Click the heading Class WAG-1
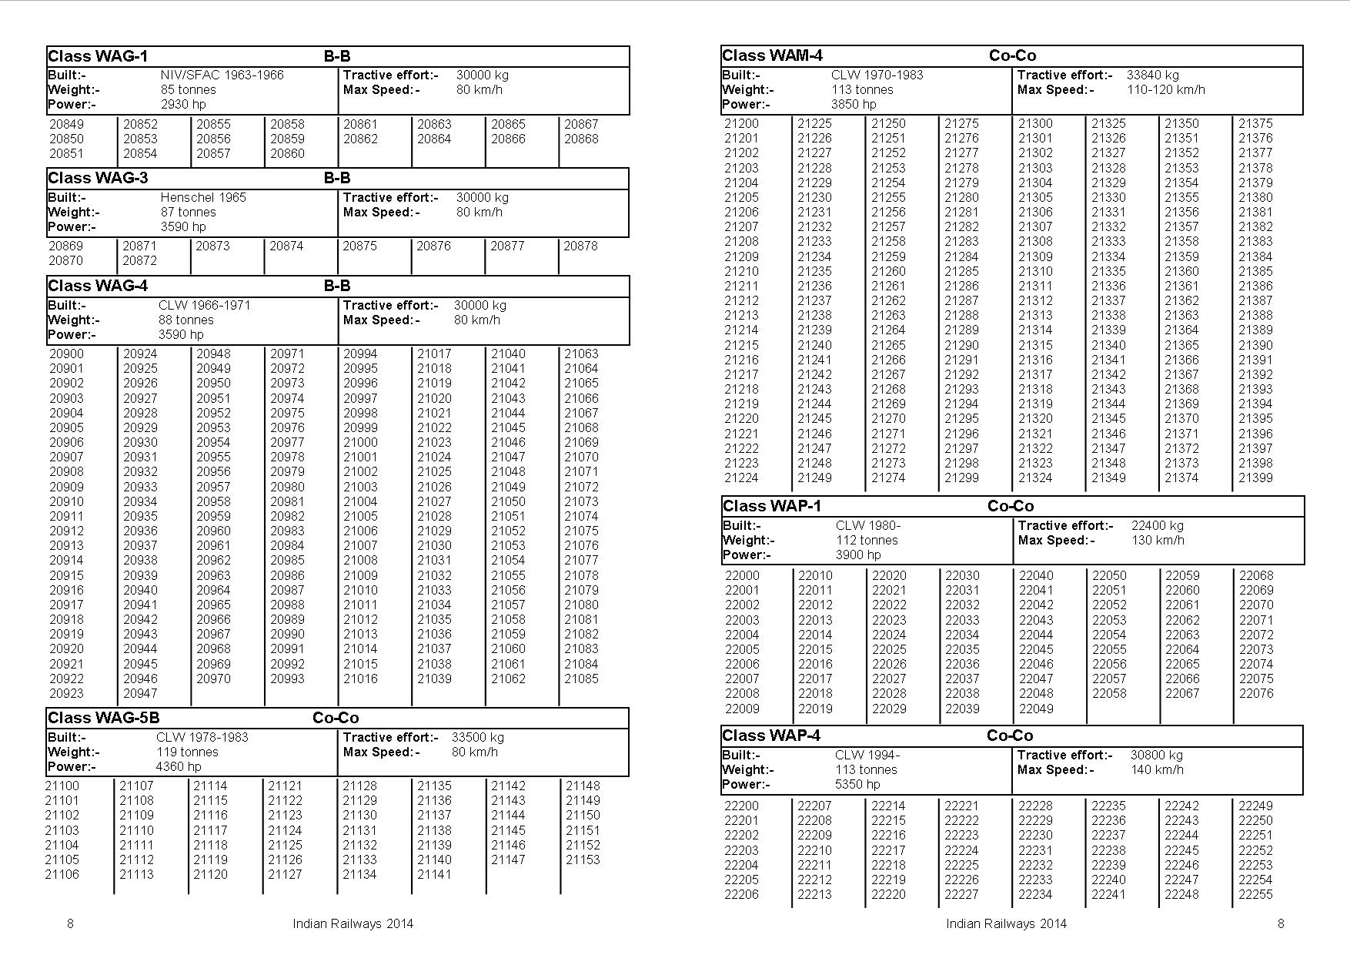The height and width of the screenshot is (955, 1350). tap(98, 56)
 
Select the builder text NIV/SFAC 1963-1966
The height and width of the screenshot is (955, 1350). tap(222, 75)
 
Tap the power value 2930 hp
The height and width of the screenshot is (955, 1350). tap(183, 105)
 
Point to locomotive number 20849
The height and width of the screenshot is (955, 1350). tap(67, 124)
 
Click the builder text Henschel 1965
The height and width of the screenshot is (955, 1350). tap(203, 198)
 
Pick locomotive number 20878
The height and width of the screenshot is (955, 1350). tap(581, 246)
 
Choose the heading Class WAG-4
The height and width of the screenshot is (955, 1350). tap(98, 286)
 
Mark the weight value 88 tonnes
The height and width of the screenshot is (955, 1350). tap(186, 320)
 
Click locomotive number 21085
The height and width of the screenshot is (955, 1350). tap(581, 679)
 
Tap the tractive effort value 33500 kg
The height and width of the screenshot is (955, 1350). tap(478, 738)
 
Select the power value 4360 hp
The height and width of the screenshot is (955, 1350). tap(179, 767)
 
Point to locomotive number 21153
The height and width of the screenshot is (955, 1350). tap(583, 860)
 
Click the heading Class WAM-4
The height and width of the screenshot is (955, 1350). tap(772, 55)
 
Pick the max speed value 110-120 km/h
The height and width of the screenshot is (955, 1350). tap(1166, 90)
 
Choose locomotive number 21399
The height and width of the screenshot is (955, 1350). tap(1255, 478)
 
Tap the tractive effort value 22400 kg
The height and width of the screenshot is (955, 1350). tap(1158, 526)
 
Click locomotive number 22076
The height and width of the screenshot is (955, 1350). tap(1256, 694)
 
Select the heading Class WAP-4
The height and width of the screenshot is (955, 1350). tap(771, 736)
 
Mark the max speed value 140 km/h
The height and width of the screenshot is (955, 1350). tap(1158, 770)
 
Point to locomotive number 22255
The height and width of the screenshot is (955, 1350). tap(1255, 895)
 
